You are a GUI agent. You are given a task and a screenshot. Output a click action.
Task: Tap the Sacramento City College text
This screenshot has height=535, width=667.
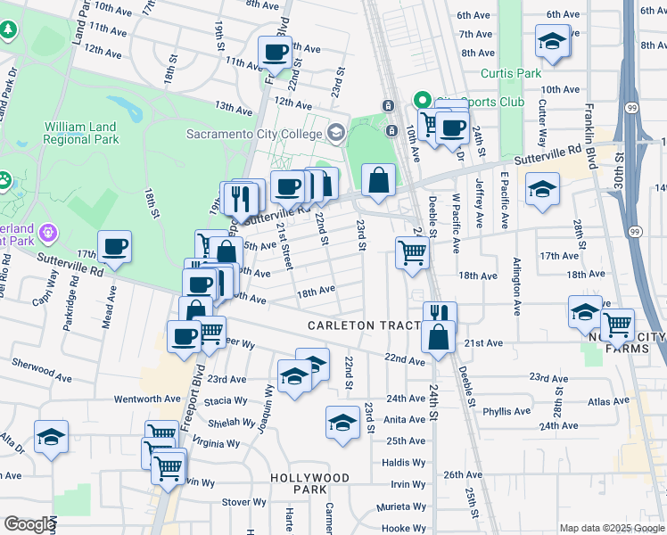[252, 135]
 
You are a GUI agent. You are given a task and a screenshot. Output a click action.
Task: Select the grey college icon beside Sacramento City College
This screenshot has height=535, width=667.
[336, 134]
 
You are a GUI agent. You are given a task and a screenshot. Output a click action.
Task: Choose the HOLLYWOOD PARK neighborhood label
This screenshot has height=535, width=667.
[310, 484]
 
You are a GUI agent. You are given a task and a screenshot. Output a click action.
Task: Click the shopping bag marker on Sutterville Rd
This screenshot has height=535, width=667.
[379, 179]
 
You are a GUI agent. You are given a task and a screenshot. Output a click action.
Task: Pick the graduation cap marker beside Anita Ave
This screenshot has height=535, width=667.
[342, 423]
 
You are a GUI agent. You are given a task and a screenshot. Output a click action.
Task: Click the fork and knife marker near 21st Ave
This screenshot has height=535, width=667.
[440, 315]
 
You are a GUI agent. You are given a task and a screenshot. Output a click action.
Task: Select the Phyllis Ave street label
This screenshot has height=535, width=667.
[506, 412]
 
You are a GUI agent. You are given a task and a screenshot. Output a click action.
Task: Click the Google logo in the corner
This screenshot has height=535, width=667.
[29, 524]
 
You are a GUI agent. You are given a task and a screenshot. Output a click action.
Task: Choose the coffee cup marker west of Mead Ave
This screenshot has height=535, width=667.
[114, 247]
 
